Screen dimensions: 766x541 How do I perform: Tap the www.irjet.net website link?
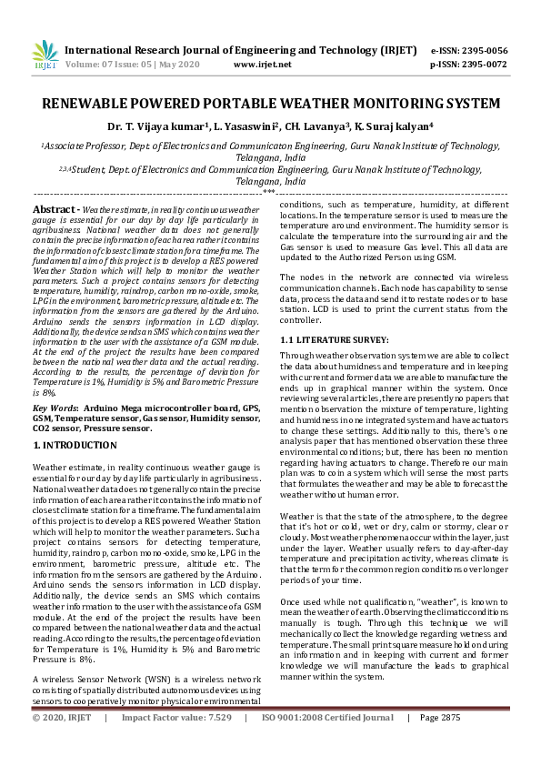pos(262,65)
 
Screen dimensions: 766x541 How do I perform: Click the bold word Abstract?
pos(51,209)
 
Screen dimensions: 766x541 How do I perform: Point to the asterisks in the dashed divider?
pos(270,192)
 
